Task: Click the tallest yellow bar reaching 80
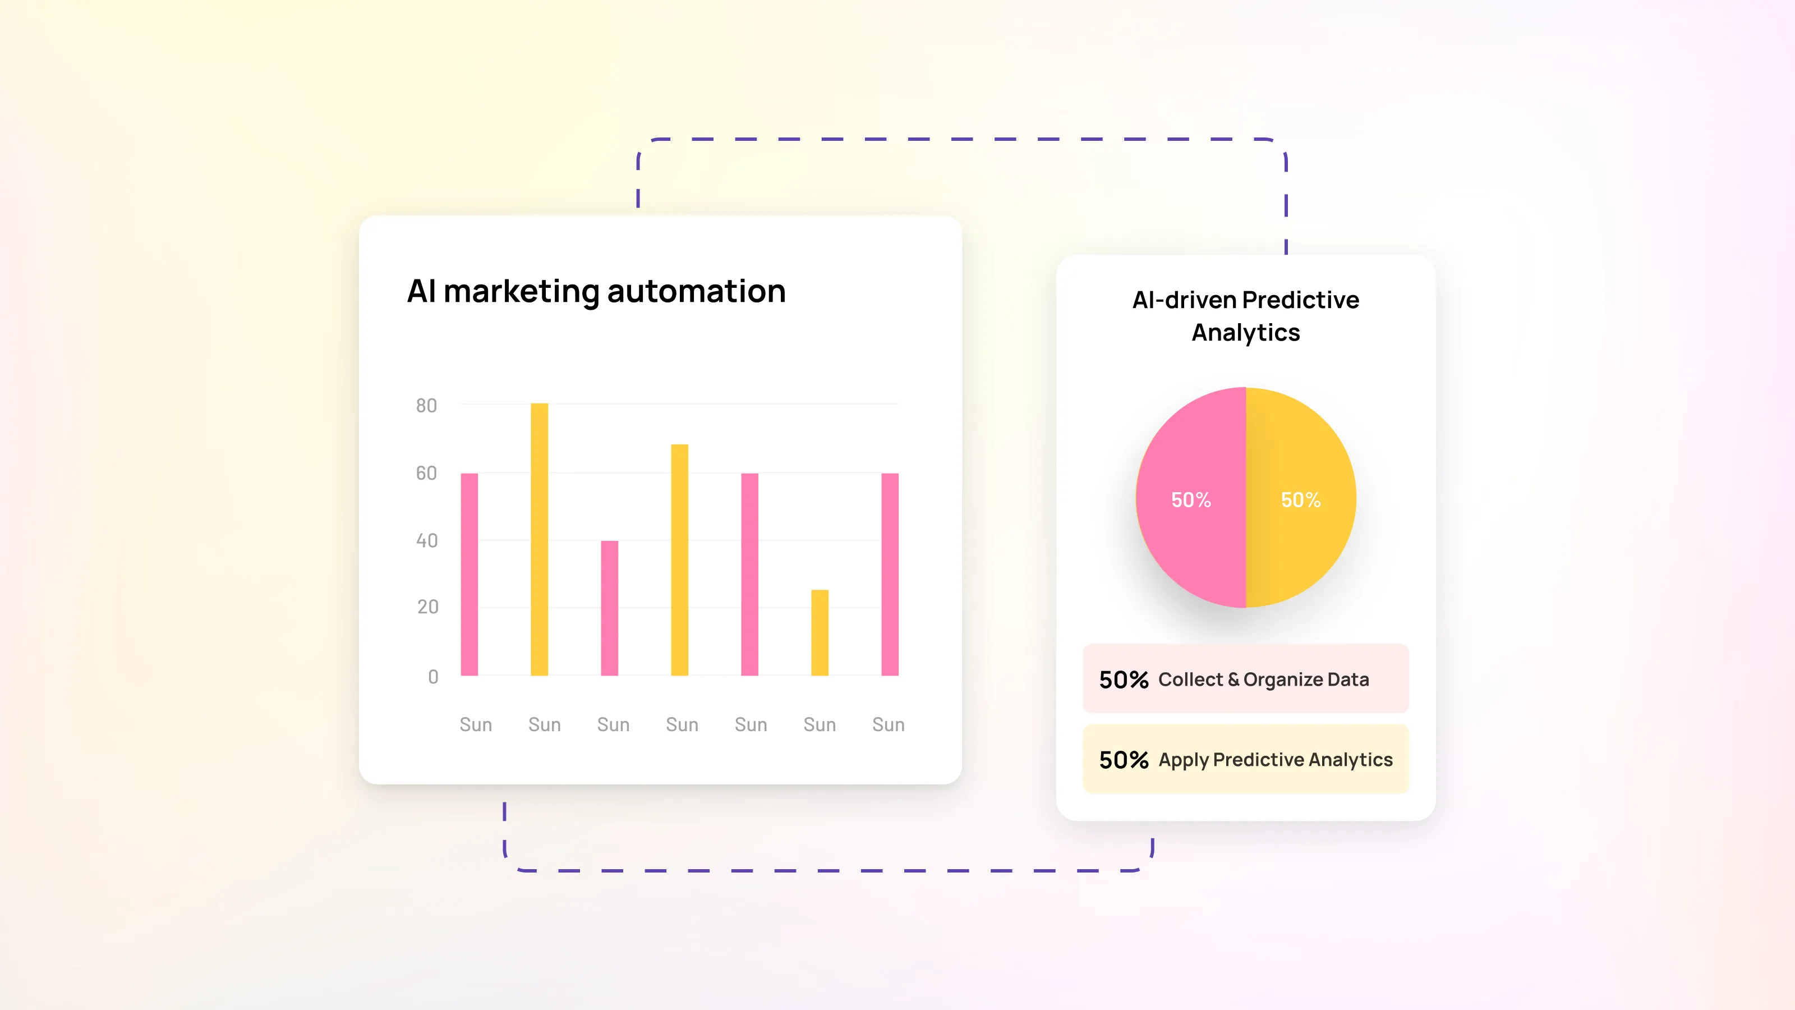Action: tap(539, 539)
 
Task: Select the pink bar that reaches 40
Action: tap(610, 608)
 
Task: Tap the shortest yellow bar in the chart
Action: tap(820, 632)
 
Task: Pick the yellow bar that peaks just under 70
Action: tap(679, 560)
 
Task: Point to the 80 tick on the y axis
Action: tap(426, 406)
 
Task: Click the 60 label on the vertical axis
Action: tap(426, 473)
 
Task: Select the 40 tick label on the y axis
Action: tap(427, 540)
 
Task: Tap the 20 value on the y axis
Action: tap(428, 607)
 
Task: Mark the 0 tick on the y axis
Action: tap(434, 676)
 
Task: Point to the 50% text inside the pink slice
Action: tap(1191, 500)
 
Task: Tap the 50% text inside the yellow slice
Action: tap(1301, 500)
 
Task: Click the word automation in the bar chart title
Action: tap(696, 291)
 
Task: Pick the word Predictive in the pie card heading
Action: tap(1300, 300)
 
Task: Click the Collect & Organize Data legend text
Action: tap(1263, 680)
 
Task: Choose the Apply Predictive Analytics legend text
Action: tap(1275, 760)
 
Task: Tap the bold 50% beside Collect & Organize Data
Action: tap(1123, 680)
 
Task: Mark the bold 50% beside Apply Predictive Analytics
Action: tap(1123, 760)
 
